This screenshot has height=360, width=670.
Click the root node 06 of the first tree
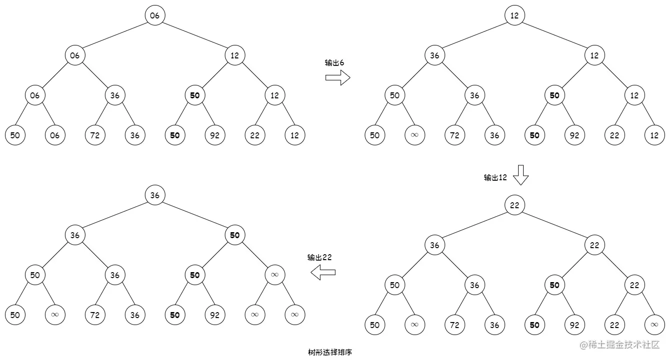pos(155,15)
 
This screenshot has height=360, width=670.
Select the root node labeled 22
pos(515,205)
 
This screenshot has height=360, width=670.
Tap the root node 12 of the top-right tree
pos(515,15)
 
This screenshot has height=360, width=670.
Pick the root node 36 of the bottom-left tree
pos(155,195)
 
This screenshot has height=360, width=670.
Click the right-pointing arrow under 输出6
pos(338,77)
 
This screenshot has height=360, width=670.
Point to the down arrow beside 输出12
pos(521,175)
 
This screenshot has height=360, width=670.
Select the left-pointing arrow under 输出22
pos(323,272)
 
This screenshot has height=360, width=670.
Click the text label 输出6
pos(334,63)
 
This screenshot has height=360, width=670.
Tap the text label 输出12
pos(495,177)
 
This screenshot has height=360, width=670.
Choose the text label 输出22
pos(320,258)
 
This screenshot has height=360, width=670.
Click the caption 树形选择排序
pos(330,352)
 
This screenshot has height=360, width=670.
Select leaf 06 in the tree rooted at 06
pos(55,135)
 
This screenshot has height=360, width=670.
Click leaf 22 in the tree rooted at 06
pos(255,135)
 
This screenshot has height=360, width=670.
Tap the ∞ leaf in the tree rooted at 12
pos(415,135)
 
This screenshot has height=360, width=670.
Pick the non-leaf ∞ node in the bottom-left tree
pos(275,275)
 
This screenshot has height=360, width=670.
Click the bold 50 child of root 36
pos(235,235)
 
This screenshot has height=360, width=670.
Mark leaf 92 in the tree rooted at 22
pos(575,325)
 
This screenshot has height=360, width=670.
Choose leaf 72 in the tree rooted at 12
pos(455,135)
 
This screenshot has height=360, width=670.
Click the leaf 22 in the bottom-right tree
pos(615,325)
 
